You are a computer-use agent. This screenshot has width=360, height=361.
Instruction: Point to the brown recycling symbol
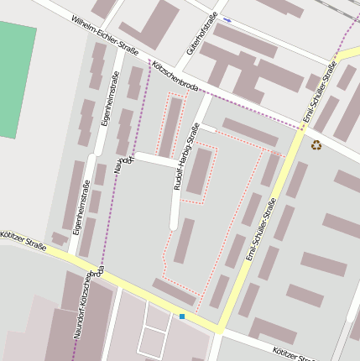[x=316, y=144]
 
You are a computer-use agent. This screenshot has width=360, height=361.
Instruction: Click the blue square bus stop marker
[x=181, y=316]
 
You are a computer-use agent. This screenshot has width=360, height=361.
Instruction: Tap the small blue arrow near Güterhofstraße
[x=227, y=18]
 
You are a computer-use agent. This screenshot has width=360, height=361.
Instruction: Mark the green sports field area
[x=17, y=80]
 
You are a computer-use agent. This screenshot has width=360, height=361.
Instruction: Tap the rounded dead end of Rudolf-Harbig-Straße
[x=174, y=224]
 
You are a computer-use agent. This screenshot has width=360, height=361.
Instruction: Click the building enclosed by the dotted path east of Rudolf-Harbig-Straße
[x=199, y=171]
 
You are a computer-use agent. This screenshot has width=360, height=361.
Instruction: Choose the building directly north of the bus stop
[x=174, y=291]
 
